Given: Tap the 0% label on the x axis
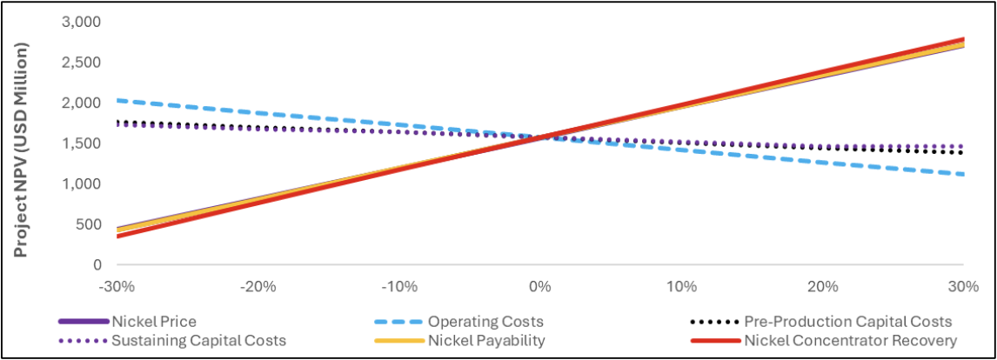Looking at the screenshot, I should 540,285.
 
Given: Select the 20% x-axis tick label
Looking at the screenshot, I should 822,285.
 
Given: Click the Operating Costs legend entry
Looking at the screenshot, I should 485,322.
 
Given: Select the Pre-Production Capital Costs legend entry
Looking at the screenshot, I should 848,322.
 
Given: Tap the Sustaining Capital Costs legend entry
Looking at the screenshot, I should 199,340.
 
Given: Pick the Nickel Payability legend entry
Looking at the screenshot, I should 486,340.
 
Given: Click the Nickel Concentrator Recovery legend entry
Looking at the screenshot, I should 850,340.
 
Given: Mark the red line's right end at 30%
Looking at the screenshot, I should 963,40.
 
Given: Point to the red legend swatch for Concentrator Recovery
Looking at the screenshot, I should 714,340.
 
